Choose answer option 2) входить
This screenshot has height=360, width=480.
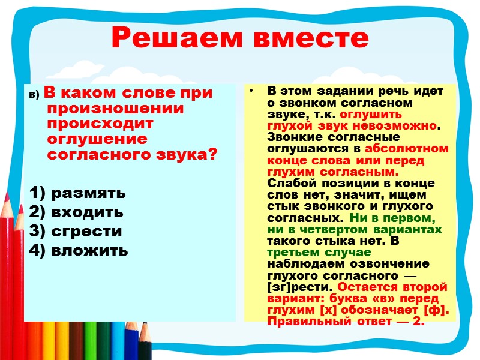click(x=76, y=212)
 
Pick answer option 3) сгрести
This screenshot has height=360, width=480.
click(x=75, y=231)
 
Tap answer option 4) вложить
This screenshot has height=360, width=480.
click(x=79, y=250)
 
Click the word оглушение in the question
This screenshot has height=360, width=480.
click(x=96, y=139)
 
